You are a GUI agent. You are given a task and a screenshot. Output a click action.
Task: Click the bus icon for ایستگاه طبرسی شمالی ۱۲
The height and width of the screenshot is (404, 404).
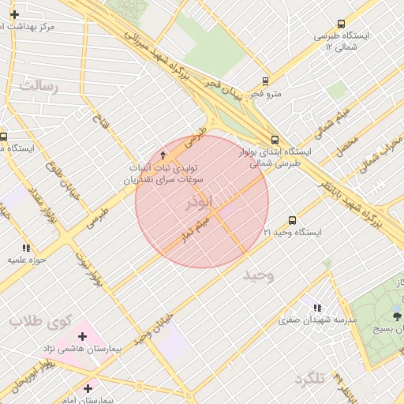coord(341,24)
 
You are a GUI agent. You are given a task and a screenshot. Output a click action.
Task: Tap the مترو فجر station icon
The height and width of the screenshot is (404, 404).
coord(265,81)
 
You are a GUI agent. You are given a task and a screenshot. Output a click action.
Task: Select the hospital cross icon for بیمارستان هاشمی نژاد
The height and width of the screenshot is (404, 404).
coord(82,337)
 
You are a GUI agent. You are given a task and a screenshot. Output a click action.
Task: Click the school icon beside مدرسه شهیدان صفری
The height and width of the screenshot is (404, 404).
coord(317,308)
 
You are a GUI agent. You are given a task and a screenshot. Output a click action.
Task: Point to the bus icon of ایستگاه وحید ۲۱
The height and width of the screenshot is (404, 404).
coord(292,221)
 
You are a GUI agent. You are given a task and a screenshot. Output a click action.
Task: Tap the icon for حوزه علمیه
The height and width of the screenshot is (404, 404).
coord(26,248)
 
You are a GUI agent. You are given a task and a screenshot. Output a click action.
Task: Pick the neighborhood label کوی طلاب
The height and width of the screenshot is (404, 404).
coord(41,321)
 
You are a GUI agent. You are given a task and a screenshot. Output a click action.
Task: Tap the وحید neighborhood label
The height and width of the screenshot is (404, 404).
coord(258,275)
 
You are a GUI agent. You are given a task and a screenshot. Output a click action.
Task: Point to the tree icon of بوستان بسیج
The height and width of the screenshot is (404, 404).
coord(397,316)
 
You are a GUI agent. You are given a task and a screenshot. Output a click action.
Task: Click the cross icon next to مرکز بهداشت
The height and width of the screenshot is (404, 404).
coord(14,14)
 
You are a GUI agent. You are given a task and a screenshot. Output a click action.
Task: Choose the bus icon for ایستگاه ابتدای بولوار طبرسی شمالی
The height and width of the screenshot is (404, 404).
coord(274,139)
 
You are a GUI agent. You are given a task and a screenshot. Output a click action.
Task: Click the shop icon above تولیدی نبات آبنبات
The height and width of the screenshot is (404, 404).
coord(163,155)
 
